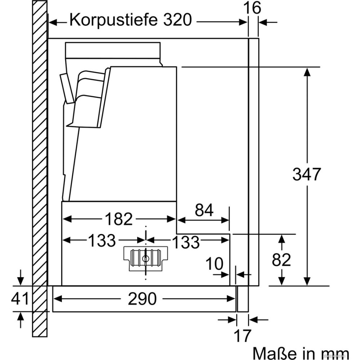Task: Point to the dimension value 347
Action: point(306,175)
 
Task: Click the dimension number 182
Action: point(119,219)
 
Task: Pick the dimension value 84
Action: point(204,210)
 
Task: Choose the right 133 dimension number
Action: point(185,242)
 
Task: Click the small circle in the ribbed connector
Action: point(145,258)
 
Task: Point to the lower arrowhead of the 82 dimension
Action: point(282,281)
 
